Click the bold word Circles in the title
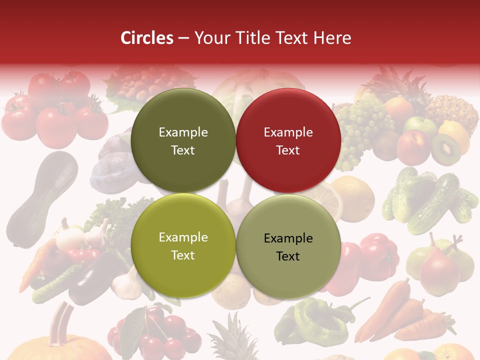146,38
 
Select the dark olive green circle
183,141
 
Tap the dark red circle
288,141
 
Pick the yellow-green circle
183,246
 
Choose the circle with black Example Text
288,246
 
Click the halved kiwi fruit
445,148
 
